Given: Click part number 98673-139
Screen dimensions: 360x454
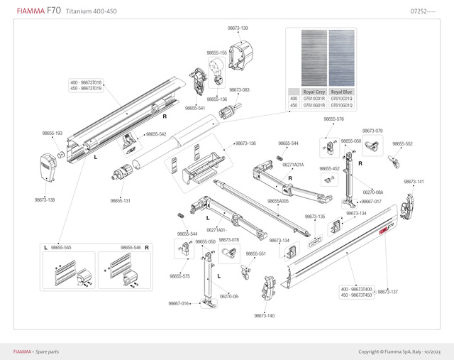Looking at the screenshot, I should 238,28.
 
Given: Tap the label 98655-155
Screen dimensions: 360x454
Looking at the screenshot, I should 216,53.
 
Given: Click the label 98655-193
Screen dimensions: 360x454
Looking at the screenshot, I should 52,133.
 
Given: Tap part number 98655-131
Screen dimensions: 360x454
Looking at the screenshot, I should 120,200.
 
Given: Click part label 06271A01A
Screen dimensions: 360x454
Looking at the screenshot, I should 293,164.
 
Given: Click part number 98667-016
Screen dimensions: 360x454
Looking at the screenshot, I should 179,303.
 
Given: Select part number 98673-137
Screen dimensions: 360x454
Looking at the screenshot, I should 388,292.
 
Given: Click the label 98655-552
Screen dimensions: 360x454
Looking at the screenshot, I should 402,143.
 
